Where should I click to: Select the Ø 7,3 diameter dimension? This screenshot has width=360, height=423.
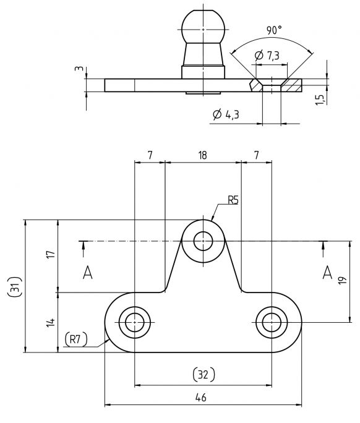267,56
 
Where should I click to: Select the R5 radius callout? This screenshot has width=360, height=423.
233,199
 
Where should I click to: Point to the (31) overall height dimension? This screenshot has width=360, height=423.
14,285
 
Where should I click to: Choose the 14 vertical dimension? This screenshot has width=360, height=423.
51,322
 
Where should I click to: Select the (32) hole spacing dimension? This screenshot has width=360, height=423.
203,374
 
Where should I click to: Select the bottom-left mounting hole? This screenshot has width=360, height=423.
134,322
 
